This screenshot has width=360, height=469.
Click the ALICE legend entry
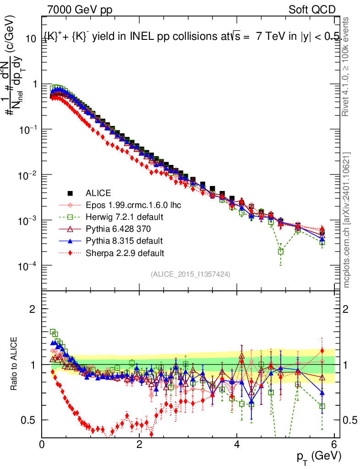(98, 193)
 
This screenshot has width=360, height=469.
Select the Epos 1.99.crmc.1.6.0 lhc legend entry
(133, 205)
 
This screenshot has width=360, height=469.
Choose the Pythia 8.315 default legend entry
(124, 240)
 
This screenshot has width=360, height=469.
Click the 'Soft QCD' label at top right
(312, 10)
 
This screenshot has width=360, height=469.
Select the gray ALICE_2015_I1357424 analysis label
(190, 274)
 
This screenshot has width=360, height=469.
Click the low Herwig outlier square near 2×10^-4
(280, 251)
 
